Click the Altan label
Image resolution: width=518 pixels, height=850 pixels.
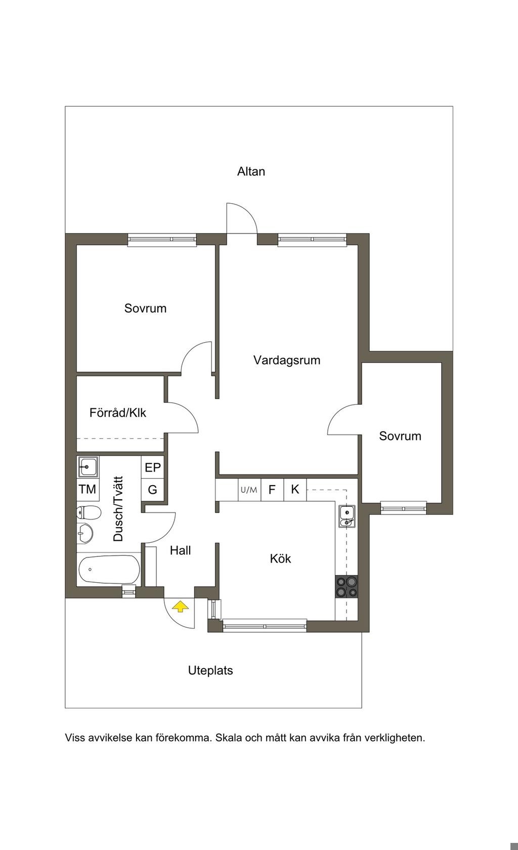(x=251, y=171)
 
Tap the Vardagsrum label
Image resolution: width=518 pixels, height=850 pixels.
(x=287, y=360)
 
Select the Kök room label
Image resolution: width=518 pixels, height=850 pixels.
(x=280, y=558)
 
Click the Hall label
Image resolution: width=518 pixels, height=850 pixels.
(x=180, y=550)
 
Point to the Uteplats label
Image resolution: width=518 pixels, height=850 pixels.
(x=210, y=671)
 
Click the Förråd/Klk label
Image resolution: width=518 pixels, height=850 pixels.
(x=118, y=412)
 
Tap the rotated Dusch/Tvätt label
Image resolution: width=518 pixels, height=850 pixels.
(x=118, y=508)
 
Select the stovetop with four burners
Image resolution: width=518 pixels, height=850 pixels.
(x=347, y=587)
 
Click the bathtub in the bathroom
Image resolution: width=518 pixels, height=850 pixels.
(x=109, y=569)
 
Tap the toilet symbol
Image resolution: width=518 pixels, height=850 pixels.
(x=89, y=513)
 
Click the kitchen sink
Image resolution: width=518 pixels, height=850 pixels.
(x=347, y=516)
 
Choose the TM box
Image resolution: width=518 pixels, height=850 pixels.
(x=88, y=489)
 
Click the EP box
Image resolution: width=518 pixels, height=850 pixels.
(x=153, y=467)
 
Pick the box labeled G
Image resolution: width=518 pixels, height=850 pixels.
(x=153, y=490)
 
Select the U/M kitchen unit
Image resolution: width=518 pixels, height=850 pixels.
(x=249, y=490)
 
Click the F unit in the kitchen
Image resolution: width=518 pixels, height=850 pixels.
(x=272, y=490)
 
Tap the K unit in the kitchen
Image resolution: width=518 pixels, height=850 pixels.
(x=295, y=490)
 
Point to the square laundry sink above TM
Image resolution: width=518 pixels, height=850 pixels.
(x=88, y=466)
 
